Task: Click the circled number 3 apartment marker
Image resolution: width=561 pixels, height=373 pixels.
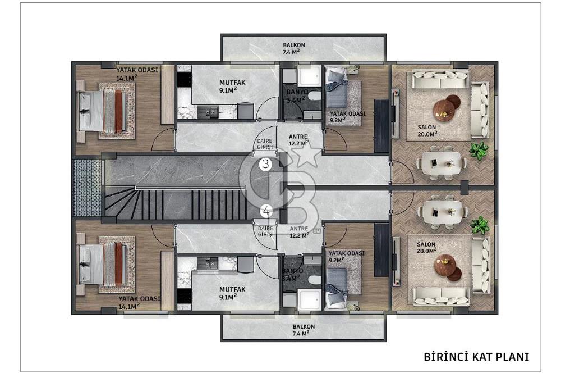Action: [265, 164]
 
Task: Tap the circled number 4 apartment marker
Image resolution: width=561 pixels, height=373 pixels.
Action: [266, 211]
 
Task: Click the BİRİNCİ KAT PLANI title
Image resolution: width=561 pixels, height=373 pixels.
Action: [476, 357]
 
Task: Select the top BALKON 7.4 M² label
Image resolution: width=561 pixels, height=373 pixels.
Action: [294, 48]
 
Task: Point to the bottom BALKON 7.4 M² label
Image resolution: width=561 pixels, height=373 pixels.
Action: [304, 330]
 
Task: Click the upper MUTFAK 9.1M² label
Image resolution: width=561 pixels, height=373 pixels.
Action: [232, 86]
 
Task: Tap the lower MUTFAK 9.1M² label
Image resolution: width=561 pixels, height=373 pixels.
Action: [232, 293]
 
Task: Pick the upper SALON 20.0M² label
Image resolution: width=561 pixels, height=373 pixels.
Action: [427, 130]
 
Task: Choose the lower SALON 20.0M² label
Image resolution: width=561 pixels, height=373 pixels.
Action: [426, 248]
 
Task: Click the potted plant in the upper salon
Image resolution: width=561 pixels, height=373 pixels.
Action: [479, 150]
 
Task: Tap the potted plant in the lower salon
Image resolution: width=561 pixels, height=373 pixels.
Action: [480, 225]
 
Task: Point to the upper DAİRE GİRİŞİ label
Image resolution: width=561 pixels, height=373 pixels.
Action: [265, 144]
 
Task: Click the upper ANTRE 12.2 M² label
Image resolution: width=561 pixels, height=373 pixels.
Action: [298, 140]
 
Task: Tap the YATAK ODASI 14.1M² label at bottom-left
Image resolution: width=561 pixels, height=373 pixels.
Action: [140, 302]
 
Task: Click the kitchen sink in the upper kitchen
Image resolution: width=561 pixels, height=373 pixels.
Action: [209, 112]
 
